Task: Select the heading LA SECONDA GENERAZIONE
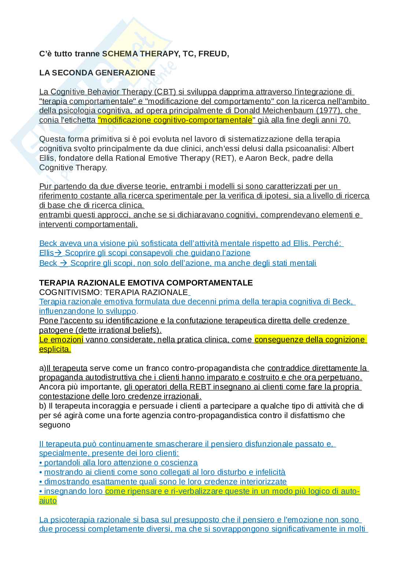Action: click(x=97, y=73)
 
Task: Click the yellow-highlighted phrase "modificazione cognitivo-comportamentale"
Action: click(x=175, y=120)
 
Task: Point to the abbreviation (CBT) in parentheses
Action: click(x=165, y=92)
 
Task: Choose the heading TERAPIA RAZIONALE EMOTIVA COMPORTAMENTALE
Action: click(x=146, y=283)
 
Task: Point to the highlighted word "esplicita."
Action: click(x=55, y=349)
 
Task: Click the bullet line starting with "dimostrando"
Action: click(x=163, y=482)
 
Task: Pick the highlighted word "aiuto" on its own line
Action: click(x=48, y=501)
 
